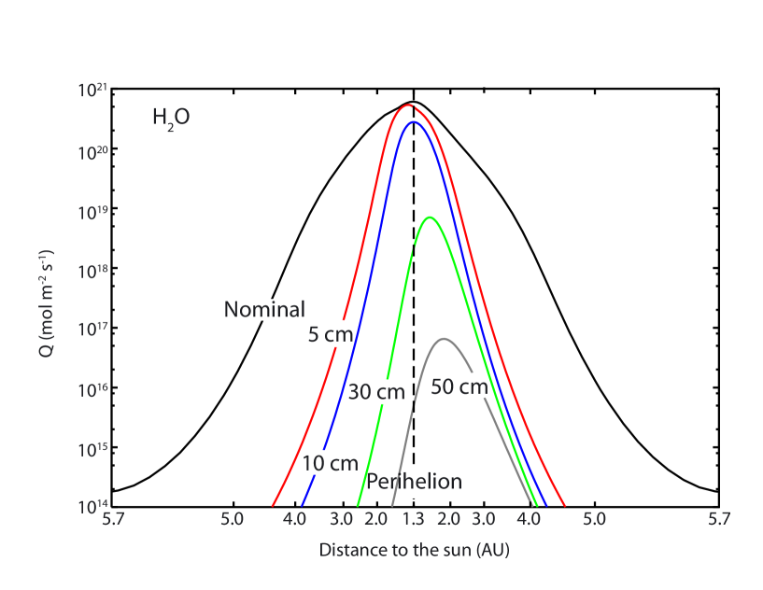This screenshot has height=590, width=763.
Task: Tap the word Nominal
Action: click(x=263, y=309)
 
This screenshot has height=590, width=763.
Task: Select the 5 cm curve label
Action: click(x=328, y=333)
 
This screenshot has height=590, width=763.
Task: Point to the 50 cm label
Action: click(x=459, y=386)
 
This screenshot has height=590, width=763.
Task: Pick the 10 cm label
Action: click(x=332, y=463)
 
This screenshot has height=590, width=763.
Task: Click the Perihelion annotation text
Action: click(x=414, y=482)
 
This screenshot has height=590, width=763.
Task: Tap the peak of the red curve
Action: click(x=409, y=105)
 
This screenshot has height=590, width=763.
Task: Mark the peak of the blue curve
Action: click(x=412, y=121)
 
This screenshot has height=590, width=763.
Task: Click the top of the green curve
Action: click(x=430, y=218)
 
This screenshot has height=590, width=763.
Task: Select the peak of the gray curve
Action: click(x=444, y=339)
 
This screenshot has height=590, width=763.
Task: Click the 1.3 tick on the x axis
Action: click(x=412, y=517)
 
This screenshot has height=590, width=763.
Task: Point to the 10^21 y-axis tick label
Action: click(x=93, y=91)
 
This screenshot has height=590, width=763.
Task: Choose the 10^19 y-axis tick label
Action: click(x=93, y=212)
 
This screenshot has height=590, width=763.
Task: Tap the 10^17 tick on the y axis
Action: click(x=93, y=330)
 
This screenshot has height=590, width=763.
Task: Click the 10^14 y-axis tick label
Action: click(x=93, y=508)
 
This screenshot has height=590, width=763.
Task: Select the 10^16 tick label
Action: click(x=93, y=389)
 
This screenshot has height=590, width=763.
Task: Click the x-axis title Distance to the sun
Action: click(x=414, y=550)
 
